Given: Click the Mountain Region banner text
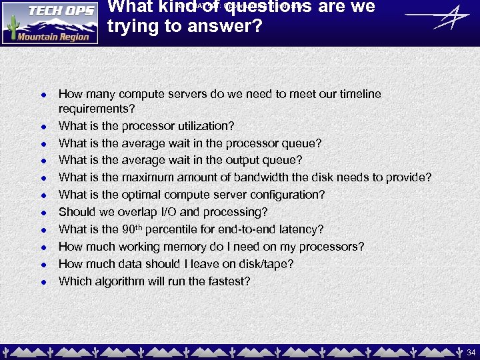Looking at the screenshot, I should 53,37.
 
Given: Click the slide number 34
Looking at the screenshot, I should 471,351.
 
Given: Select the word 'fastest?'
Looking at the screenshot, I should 228,281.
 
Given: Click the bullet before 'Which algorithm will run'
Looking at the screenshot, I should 42,282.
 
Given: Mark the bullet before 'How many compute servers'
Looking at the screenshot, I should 42,95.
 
